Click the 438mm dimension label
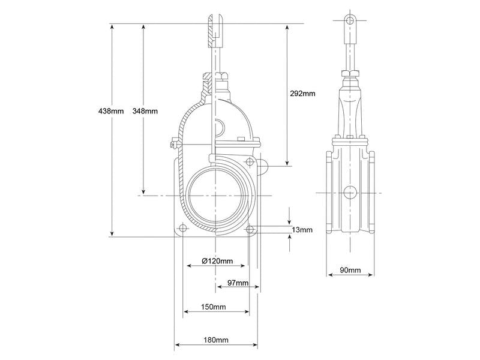pos(111,111)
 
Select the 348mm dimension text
pos(145,111)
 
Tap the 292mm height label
pos(302,94)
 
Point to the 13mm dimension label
pos(302,230)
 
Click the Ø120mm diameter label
pos(217,261)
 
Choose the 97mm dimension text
pos(238,283)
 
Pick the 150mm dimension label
pos(214,307)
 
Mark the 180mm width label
pos(216,340)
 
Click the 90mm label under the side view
pos(350,270)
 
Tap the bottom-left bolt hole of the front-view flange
pos(182,229)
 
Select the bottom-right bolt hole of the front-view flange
pos(250,229)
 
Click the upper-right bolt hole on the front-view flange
pos(250,161)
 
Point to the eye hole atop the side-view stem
pos(350,20)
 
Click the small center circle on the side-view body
pos(350,193)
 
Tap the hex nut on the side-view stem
pos(350,73)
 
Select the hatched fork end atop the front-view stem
pos(216,31)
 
